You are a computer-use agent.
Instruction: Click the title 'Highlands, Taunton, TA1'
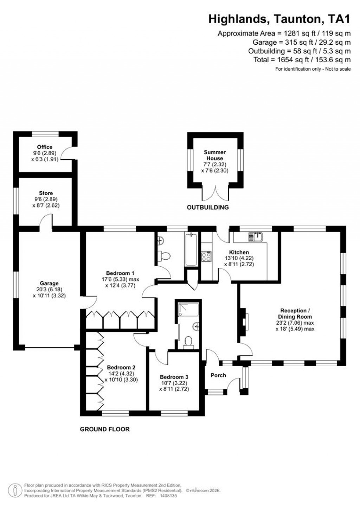(279, 19)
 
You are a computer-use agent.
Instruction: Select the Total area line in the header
(302, 60)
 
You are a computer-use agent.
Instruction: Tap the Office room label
(45, 147)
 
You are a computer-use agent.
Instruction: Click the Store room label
(46, 193)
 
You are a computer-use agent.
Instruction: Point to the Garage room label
(49, 283)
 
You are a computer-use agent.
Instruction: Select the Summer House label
(215, 155)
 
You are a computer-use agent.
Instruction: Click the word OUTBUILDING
(208, 207)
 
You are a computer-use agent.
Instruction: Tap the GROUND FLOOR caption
(105, 429)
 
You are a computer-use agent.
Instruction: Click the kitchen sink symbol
(256, 237)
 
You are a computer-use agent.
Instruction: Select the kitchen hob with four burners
(206, 256)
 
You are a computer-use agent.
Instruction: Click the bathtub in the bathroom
(191, 249)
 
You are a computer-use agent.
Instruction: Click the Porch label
(218, 375)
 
